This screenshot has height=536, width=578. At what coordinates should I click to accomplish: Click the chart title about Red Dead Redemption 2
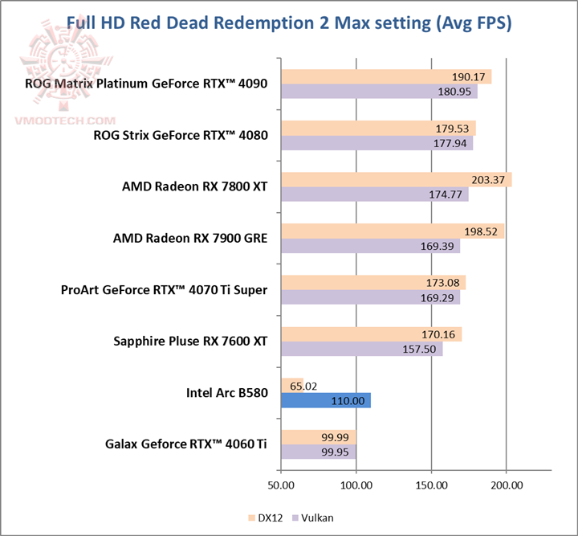(288, 22)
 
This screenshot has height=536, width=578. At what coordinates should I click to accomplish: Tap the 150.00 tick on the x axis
(431, 485)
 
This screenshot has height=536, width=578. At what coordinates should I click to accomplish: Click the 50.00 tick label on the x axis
(282, 485)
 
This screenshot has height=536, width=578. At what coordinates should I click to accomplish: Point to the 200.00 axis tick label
(506, 485)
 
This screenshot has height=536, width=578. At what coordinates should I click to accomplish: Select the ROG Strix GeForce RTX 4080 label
(181, 136)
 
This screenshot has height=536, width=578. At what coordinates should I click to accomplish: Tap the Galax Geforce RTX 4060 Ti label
(186, 444)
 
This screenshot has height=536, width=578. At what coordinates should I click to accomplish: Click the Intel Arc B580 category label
(227, 393)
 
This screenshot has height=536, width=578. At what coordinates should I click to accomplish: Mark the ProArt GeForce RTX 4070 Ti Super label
(165, 290)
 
